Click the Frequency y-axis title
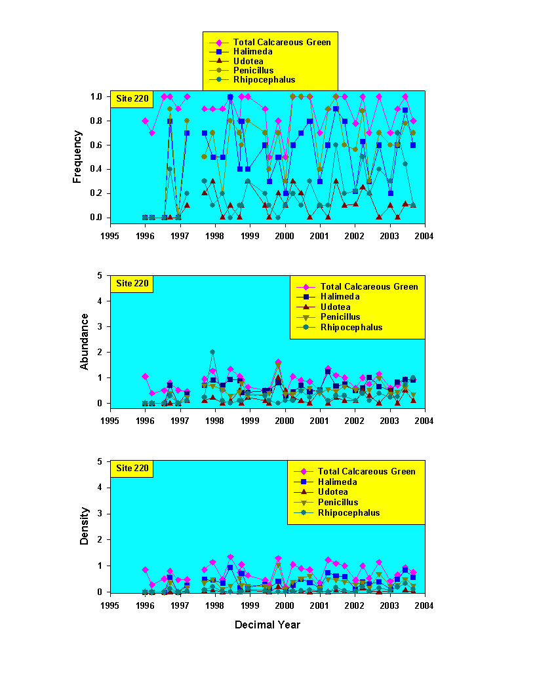77,156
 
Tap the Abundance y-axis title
85,341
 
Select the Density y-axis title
85,527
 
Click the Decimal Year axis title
267,625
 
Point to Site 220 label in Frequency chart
132,99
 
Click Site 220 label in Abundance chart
132,284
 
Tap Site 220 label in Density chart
132,469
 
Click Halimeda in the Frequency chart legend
252,51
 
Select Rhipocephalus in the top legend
264,80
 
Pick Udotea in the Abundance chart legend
335,307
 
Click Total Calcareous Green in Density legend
367,471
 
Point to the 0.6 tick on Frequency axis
97,145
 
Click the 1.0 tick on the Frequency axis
97,96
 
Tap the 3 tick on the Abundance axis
102,326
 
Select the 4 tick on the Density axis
102,488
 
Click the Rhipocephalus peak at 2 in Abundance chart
212,352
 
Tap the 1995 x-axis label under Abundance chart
110,419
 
